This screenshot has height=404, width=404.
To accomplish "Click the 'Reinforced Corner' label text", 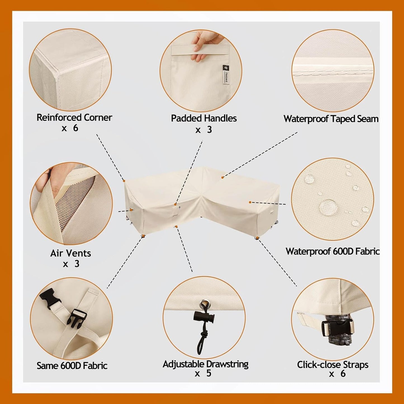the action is [74, 118].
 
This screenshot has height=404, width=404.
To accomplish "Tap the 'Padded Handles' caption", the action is [204, 119].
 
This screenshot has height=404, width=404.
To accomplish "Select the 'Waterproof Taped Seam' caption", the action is [331, 119].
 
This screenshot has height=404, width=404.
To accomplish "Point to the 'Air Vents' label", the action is [71, 253].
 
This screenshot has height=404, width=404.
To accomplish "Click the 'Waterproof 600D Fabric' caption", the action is [333, 251].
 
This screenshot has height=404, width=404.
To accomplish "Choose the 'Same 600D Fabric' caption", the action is [72, 366].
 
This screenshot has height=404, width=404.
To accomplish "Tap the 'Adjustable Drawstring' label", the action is [205, 364].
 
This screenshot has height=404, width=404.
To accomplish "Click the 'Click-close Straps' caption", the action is [332, 365].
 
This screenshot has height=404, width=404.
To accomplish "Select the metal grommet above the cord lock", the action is [203, 304].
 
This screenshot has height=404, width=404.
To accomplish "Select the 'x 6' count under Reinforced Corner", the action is [70, 128].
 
